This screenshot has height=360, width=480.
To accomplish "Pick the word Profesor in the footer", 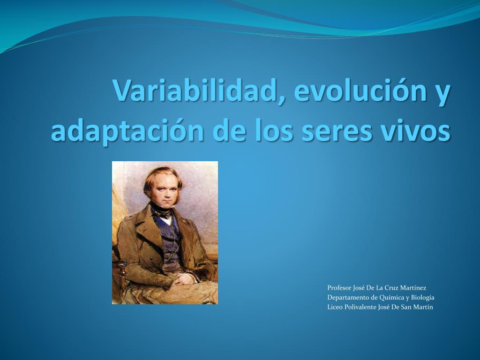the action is click(339, 288).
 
